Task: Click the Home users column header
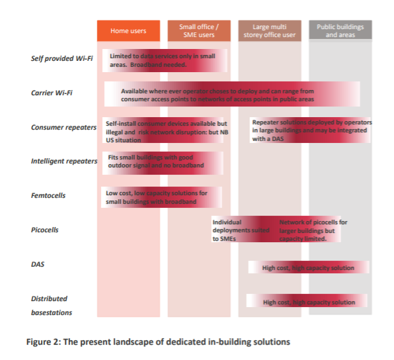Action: (128, 30)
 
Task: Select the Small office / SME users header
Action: (199, 30)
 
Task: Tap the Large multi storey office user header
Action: (270, 30)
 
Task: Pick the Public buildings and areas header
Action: (340, 30)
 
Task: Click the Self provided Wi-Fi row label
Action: (62, 58)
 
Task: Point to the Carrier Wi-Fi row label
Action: (52, 93)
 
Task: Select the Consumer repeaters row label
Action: (63, 127)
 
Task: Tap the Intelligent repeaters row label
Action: (64, 161)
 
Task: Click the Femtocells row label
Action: (48, 195)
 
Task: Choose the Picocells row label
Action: (44, 230)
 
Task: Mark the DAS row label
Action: (38, 264)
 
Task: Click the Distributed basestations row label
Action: (52, 306)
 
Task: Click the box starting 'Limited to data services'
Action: (165, 60)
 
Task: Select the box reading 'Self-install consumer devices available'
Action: (163, 130)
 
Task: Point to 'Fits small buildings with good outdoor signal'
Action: (156, 161)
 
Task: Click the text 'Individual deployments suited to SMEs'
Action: (241, 230)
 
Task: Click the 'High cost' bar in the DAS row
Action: (309, 267)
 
